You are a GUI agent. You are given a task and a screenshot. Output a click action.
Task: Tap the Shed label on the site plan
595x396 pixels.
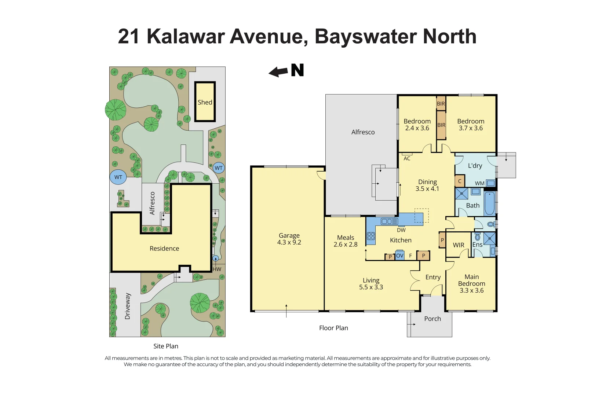pyautogui.click(x=205, y=102)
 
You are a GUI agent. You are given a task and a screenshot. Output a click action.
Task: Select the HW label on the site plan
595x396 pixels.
pyautogui.click(x=217, y=269)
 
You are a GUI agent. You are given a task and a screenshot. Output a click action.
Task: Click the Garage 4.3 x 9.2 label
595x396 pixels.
pyautogui.click(x=289, y=239)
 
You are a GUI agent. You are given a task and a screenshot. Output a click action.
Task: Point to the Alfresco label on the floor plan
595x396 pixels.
pyautogui.click(x=363, y=132)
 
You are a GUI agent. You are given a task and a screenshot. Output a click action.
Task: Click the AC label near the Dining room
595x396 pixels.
pyautogui.click(x=407, y=158)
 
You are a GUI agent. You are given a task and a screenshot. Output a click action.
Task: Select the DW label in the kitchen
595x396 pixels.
pyautogui.click(x=401, y=230)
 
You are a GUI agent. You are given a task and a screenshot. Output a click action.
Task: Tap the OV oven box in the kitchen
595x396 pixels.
pyautogui.click(x=399, y=256)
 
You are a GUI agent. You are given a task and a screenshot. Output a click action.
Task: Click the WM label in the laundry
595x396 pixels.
pyautogui.click(x=479, y=183)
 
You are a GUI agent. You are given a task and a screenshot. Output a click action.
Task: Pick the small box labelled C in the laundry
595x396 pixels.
pyautogui.click(x=460, y=181)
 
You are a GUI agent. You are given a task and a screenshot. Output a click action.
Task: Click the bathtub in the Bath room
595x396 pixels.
pyautogui.click(x=489, y=203)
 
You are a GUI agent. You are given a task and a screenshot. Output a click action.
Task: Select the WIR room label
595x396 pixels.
pyautogui.click(x=458, y=245)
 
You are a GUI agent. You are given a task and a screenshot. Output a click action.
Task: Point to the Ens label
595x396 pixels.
pyautogui.click(x=477, y=245)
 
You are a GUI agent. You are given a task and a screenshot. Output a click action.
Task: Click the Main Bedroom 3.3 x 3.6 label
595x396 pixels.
pyautogui.click(x=471, y=283)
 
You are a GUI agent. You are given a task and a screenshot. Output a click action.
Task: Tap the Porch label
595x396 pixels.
pyautogui.click(x=432, y=319)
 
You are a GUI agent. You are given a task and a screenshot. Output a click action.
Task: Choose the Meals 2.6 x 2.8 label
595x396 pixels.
pyautogui.click(x=345, y=241)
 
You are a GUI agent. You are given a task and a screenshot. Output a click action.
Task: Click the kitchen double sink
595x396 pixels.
pyautogui.click(x=389, y=221)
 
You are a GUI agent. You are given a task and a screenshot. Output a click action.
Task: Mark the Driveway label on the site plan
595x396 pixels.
pyautogui.click(x=128, y=306)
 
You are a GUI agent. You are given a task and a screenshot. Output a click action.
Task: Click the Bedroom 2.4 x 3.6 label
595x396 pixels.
pyautogui.click(x=417, y=125)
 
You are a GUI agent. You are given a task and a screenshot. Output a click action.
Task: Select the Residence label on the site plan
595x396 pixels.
pyautogui.click(x=164, y=248)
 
